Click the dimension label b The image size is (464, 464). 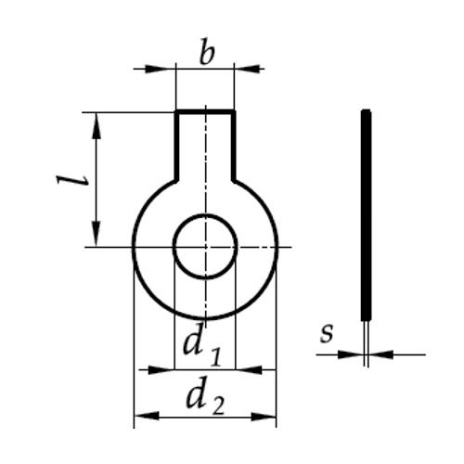coord(207,52)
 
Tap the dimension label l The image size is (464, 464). coord(71,180)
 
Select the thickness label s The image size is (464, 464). coord(327,333)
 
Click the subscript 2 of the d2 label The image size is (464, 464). coord(217,405)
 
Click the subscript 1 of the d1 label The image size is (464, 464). coord(216,357)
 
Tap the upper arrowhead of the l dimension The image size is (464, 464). coord(97,126)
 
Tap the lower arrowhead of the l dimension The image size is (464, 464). coord(97,234)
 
